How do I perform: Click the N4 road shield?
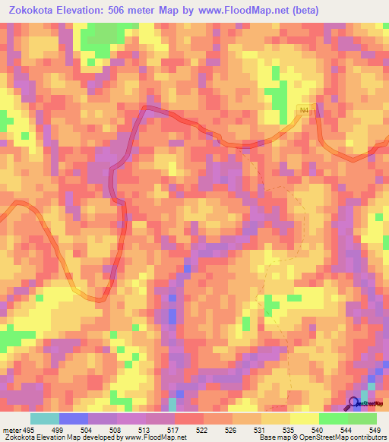305,111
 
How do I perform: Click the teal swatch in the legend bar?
44,419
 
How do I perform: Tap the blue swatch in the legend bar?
73,419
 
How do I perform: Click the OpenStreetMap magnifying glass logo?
354,403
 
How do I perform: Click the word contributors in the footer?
366,437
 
